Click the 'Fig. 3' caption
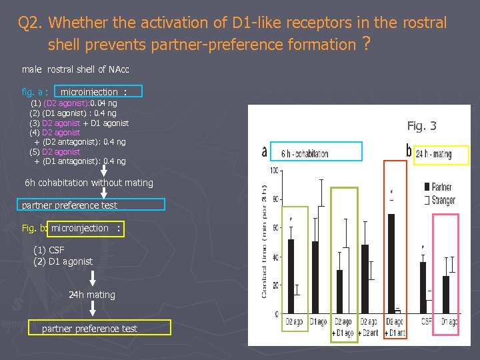click(421, 126)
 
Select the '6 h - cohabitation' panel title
click(305, 154)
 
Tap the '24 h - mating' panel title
click(433, 155)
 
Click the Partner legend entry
click(437, 187)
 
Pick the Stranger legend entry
click(439, 200)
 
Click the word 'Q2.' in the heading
click(31, 23)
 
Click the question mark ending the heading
click(365, 45)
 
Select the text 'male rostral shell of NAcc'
click(75, 69)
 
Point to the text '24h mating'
click(92, 295)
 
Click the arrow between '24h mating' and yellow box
click(93, 309)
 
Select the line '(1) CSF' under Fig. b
click(49, 250)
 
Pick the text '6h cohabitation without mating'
click(89, 183)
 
